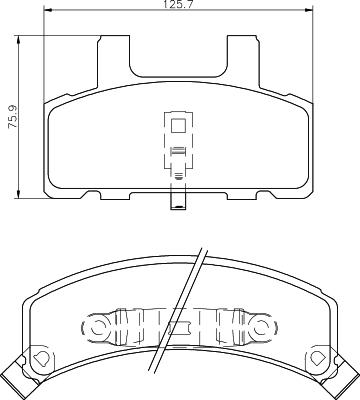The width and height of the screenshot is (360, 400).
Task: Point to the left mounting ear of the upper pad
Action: point(114,61)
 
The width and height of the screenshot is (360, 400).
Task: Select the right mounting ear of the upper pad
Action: point(242,61)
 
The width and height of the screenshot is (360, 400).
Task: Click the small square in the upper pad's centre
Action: point(178,127)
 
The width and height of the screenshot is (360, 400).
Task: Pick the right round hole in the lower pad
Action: point(262,326)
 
